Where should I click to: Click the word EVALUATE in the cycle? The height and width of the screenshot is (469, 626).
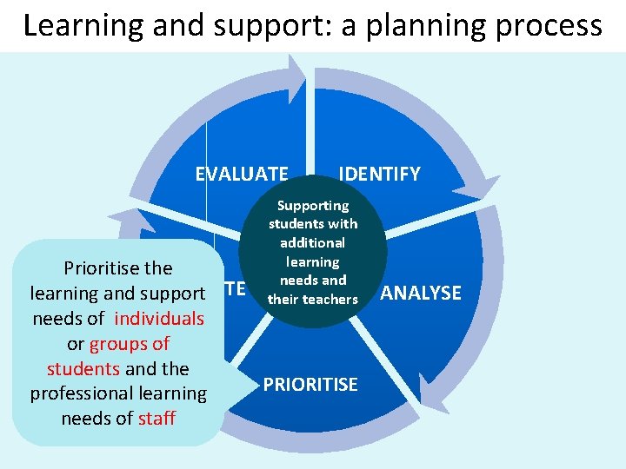(x=241, y=174)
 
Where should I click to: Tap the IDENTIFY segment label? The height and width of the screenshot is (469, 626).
(x=379, y=174)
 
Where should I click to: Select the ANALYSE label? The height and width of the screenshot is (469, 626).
(x=421, y=293)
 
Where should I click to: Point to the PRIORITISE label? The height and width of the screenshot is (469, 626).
(x=310, y=384)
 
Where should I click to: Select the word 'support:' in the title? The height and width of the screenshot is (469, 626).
(x=253, y=26)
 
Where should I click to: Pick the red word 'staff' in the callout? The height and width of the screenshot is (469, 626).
(x=156, y=418)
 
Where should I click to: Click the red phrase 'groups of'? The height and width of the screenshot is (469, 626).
(x=130, y=343)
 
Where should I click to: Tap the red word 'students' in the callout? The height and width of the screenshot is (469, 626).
(x=83, y=368)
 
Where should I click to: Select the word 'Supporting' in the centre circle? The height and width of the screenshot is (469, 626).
(x=313, y=206)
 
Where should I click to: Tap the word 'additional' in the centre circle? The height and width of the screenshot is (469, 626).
(x=313, y=243)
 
